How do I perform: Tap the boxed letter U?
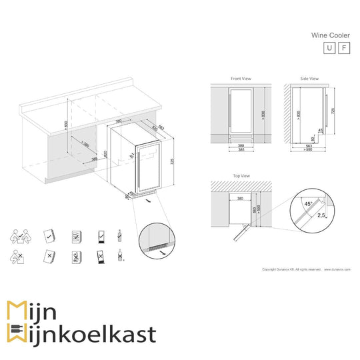[x=328, y=48]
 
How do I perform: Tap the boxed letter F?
[x=343, y=48]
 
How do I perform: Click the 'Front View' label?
[x=241, y=79]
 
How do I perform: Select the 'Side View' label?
[x=309, y=79]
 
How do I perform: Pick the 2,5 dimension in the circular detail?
[x=322, y=216]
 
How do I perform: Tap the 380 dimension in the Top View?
[x=239, y=198]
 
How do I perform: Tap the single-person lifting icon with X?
[x=18, y=256]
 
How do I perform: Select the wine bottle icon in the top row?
[x=119, y=235]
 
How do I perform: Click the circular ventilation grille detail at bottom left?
[x=156, y=240]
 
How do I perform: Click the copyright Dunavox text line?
[x=293, y=270]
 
